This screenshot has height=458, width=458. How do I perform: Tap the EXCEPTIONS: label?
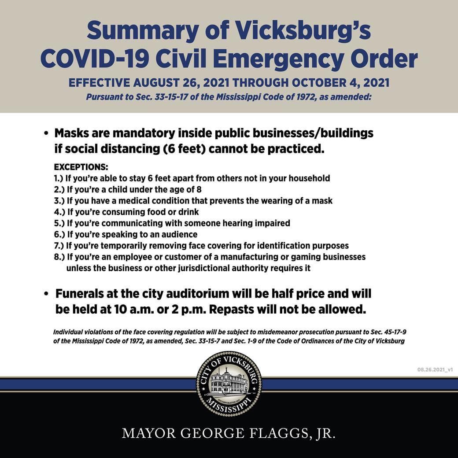(x=81, y=168)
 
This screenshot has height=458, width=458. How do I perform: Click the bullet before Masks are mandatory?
(x=46, y=133)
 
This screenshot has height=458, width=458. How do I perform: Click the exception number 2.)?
(x=59, y=190)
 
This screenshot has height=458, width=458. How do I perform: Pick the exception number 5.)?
(x=59, y=223)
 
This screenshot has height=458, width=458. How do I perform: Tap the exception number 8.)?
(x=59, y=257)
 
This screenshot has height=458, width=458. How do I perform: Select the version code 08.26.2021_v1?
(x=435, y=369)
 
